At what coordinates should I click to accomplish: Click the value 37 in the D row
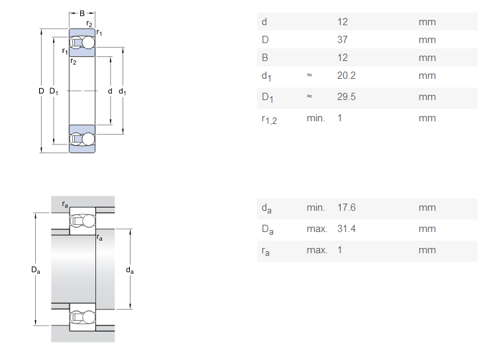[x=343, y=40]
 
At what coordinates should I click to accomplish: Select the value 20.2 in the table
[x=347, y=76]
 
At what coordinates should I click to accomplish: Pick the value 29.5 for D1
[x=347, y=97]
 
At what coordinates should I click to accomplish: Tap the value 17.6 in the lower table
[x=347, y=208]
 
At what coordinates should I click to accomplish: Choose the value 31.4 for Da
[x=347, y=229]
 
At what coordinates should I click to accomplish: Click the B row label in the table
[x=265, y=58]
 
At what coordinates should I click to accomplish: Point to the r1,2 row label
[x=269, y=119]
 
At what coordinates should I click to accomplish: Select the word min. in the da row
[x=316, y=208]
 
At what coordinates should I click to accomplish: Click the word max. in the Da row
[x=317, y=229]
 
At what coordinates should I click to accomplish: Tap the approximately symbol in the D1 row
[x=309, y=96]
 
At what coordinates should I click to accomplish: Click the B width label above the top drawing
[x=82, y=13]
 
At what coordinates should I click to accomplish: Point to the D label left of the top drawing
[x=41, y=91]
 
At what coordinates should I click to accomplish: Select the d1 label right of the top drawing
[x=123, y=91]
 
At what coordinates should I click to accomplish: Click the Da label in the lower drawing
[x=35, y=270]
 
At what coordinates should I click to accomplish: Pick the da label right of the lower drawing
[x=130, y=270]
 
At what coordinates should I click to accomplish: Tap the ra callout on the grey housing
[x=65, y=204]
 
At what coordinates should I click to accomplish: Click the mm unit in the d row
[x=427, y=22]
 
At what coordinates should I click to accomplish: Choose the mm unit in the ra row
[x=427, y=250]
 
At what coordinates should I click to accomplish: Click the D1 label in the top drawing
[x=54, y=91]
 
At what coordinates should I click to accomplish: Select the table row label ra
[x=266, y=251]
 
